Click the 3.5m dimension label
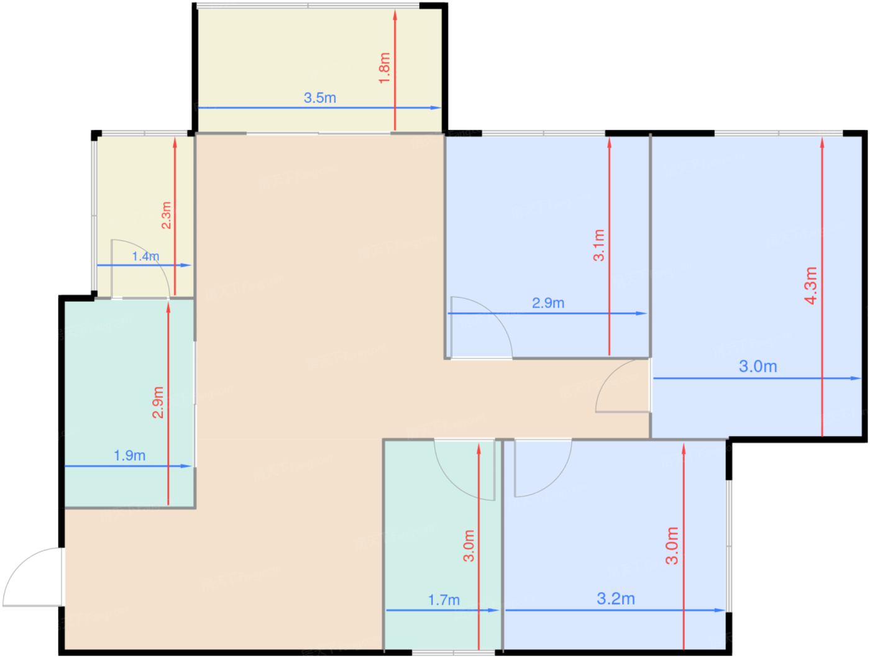click(x=320, y=98)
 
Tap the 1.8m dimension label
click(x=385, y=68)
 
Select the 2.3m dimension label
click(x=166, y=216)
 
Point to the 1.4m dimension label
click(x=145, y=257)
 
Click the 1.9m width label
click(x=130, y=455)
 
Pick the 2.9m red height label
click(x=158, y=403)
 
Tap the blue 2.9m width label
click(x=547, y=303)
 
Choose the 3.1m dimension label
click(x=598, y=245)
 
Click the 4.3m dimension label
click(x=810, y=286)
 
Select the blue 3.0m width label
click(x=758, y=367)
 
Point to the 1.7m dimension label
click(x=444, y=600)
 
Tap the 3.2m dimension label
click(x=616, y=599)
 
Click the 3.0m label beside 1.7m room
click(x=469, y=546)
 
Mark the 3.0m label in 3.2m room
click(x=672, y=546)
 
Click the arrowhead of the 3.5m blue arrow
click(x=436, y=107)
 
